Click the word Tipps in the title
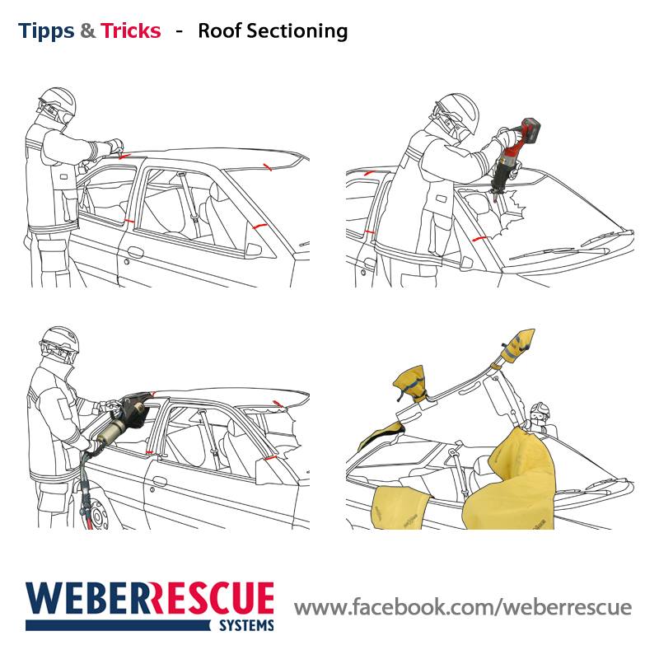(x=46, y=31)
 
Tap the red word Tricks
(x=131, y=30)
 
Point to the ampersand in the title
(x=87, y=30)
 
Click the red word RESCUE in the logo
(x=212, y=599)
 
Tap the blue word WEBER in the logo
(x=87, y=599)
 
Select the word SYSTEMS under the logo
(x=246, y=625)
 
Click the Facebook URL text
(x=463, y=607)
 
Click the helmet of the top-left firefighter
(x=58, y=100)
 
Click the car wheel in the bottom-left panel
(x=96, y=512)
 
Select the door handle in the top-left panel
(x=135, y=252)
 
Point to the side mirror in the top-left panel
(x=254, y=250)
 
